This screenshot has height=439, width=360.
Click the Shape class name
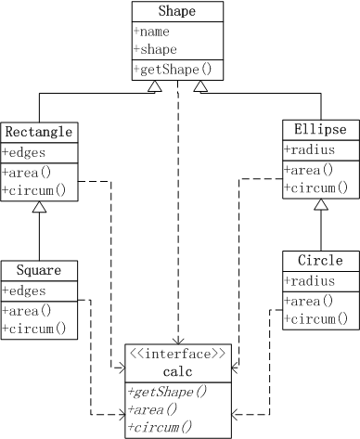pos(177,12)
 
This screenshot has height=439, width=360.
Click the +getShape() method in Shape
pos(173,70)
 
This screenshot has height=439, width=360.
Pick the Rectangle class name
pos(38,132)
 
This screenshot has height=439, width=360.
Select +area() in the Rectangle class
pos(27,171)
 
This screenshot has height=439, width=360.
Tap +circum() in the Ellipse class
pos(315,188)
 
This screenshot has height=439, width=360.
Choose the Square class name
pos(38,271)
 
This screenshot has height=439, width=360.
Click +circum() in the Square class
pos(33,328)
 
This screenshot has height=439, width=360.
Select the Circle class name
pos(319,261)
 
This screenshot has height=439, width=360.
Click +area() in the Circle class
pos(308,300)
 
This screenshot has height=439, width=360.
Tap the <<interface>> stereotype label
pos(177,354)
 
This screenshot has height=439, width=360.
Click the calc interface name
pos(177,371)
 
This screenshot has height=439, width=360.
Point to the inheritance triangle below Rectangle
pos(38,210)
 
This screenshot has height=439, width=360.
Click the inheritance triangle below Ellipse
pos(319,204)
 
